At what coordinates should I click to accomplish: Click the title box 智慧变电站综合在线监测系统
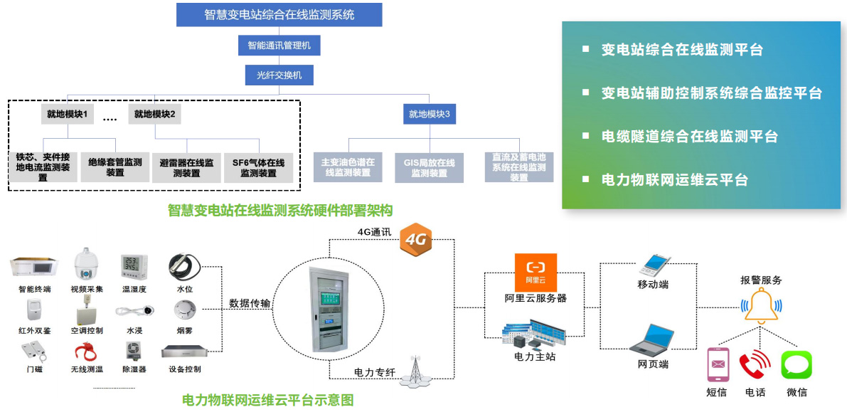279,14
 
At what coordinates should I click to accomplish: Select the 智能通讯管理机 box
279,46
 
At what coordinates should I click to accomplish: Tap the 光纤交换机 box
279,74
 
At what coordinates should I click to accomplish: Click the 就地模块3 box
429,114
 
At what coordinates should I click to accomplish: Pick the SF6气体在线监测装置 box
258,167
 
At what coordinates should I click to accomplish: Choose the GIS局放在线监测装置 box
429,167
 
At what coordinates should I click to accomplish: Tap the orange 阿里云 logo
536,270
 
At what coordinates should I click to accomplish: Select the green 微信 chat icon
797,365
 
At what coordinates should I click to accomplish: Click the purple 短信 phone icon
718,365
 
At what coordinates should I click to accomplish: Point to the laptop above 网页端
651,340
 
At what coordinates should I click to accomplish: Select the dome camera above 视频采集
87,265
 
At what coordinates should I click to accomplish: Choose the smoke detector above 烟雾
184,309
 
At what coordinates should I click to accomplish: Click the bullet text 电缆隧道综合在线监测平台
689,137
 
